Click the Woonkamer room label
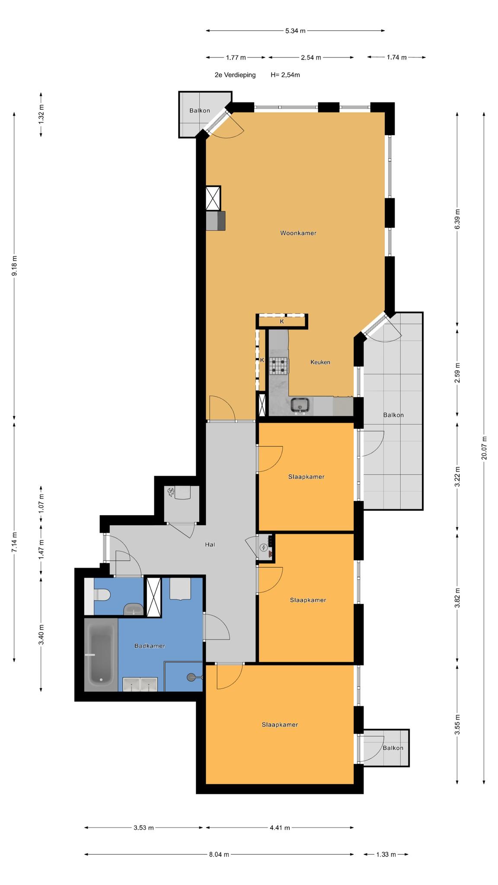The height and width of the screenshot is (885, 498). [298, 233]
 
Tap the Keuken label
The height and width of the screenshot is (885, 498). [320, 362]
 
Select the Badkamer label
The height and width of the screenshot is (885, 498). [150, 646]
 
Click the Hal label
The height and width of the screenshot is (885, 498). [210, 544]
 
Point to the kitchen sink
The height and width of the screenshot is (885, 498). [300, 405]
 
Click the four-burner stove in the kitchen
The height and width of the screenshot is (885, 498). [279, 366]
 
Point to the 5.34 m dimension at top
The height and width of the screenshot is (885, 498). [295, 31]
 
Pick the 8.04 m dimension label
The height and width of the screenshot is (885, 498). [219, 854]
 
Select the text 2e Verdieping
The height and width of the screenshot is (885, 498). [235, 75]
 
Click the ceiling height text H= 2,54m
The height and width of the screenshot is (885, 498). [285, 75]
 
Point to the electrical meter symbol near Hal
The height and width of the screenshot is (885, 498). [263, 548]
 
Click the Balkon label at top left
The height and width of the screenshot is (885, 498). [200, 111]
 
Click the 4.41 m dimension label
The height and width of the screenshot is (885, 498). [280, 828]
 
